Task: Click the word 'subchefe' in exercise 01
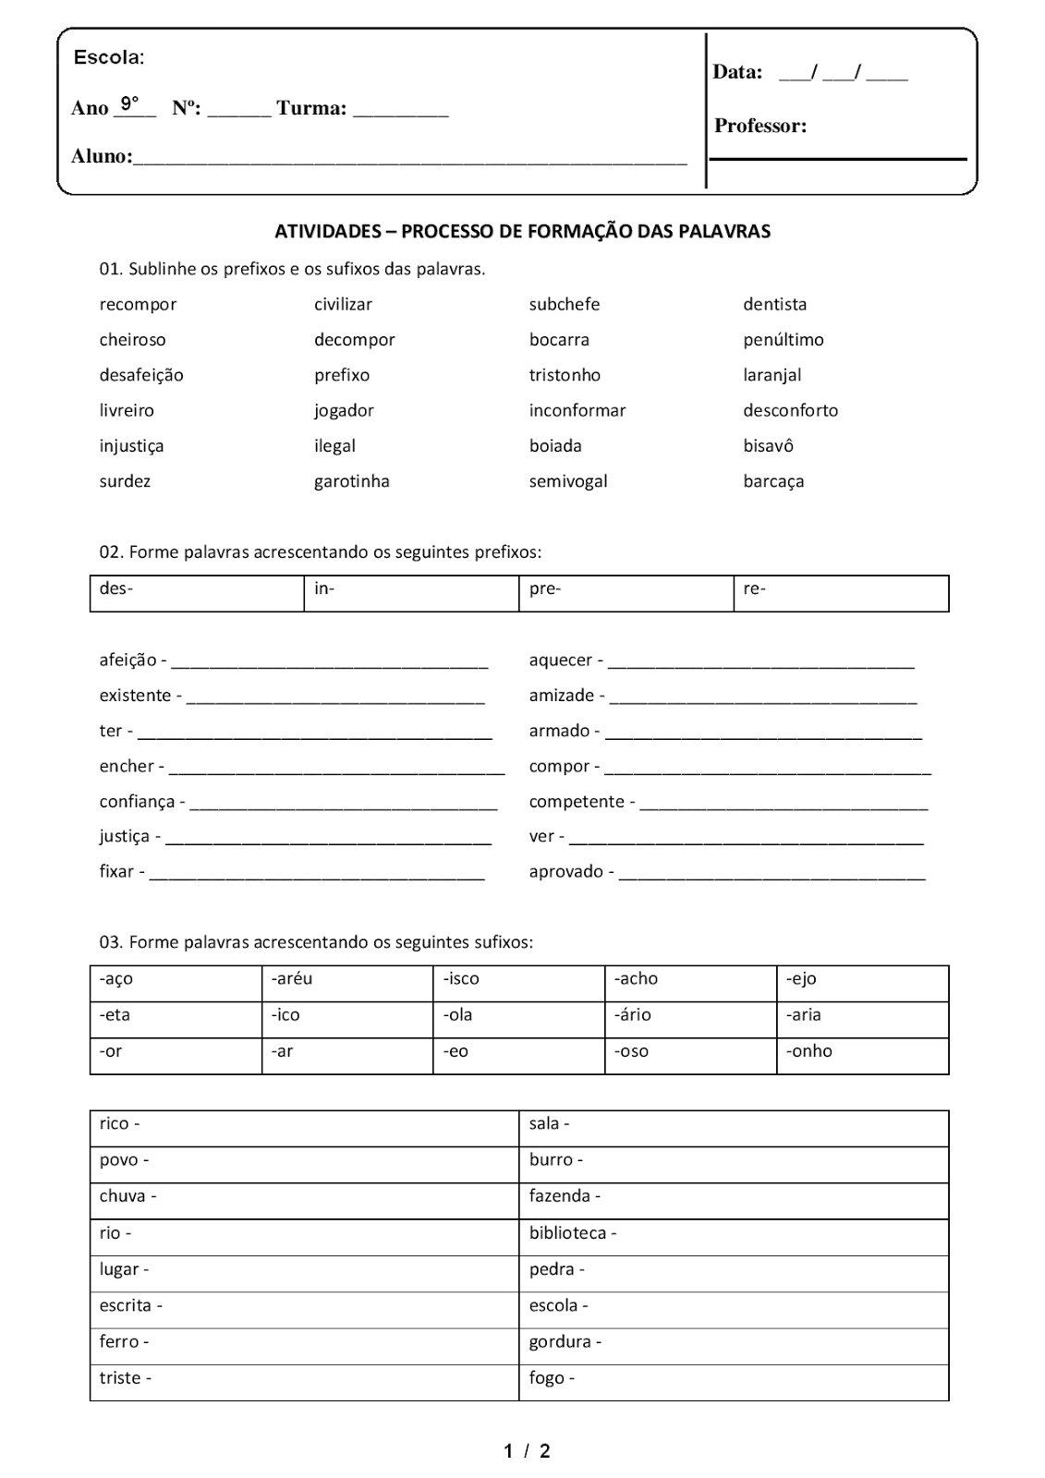(564, 304)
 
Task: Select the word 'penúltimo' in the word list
(783, 340)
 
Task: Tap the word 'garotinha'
(351, 481)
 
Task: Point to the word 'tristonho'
(565, 375)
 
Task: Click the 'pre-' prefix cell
(626, 593)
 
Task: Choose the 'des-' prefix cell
(197, 593)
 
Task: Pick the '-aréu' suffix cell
(347, 983)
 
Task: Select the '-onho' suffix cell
(862, 1056)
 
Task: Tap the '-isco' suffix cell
(518, 983)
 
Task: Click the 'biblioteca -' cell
(734, 1237)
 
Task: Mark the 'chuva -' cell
(304, 1201)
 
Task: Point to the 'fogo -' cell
(734, 1382)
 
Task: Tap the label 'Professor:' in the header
(759, 127)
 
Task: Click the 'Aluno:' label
(102, 156)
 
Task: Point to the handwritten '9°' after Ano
(129, 103)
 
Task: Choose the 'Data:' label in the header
(736, 72)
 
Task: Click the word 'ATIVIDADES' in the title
(328, 231)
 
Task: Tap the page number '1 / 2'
(527, 1451)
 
